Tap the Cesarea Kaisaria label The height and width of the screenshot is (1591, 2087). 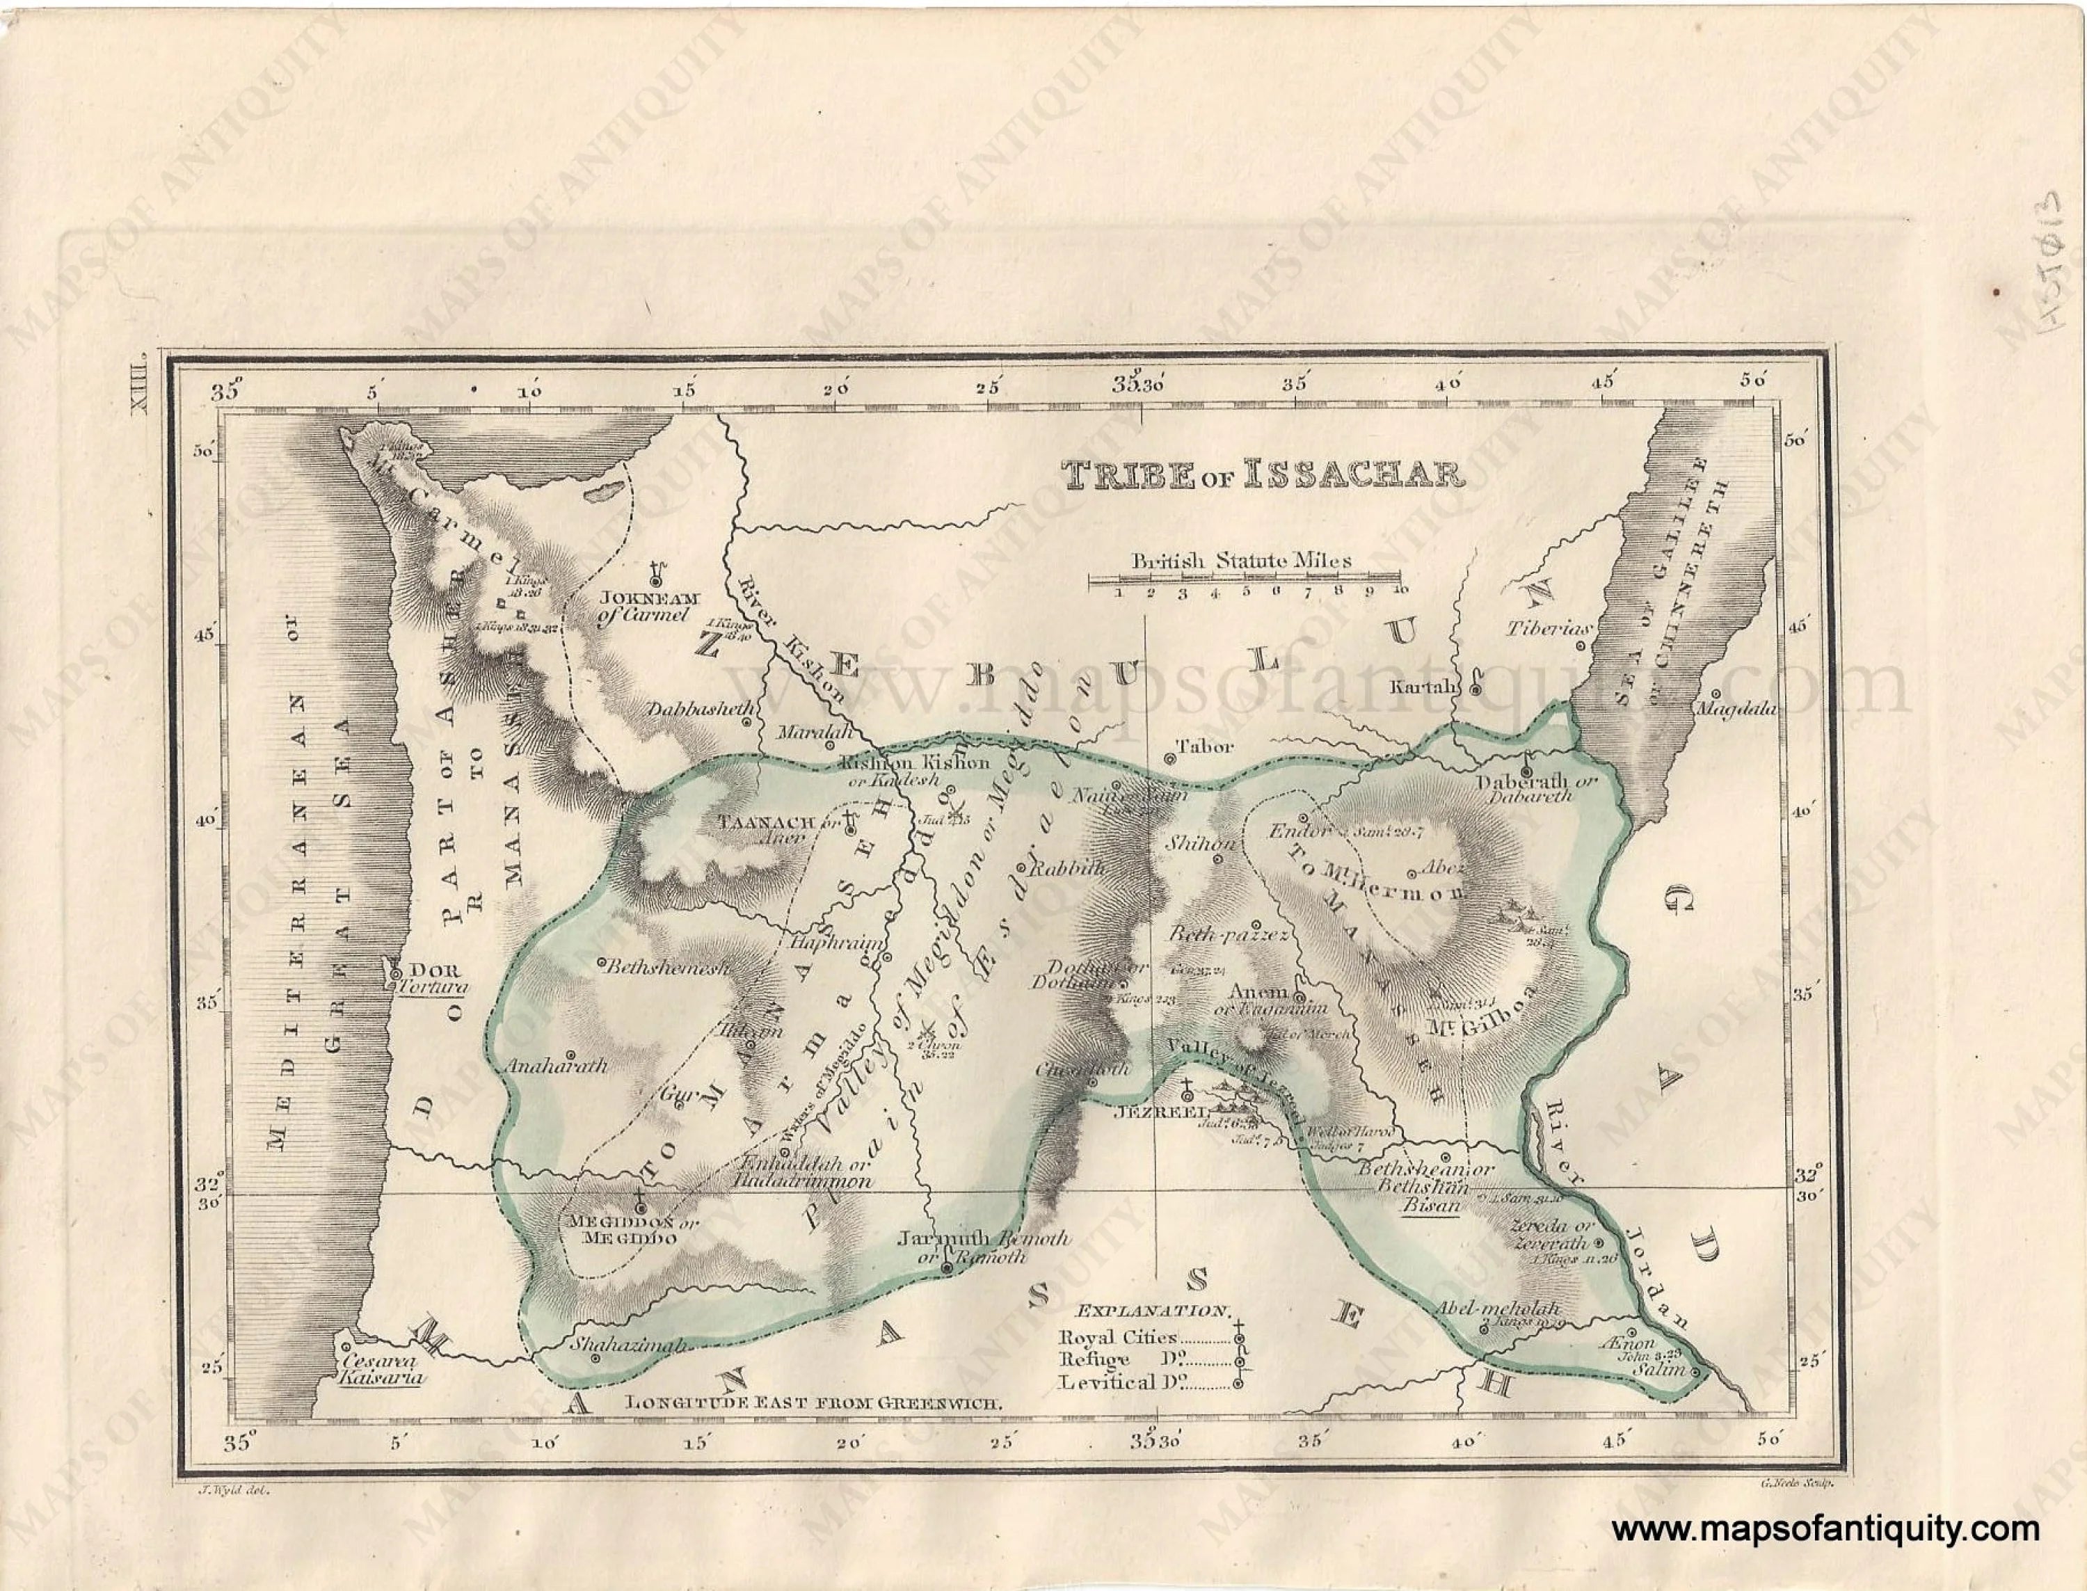(x=383, y=1370)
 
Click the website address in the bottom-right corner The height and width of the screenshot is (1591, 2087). (x=1825, y=1528)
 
